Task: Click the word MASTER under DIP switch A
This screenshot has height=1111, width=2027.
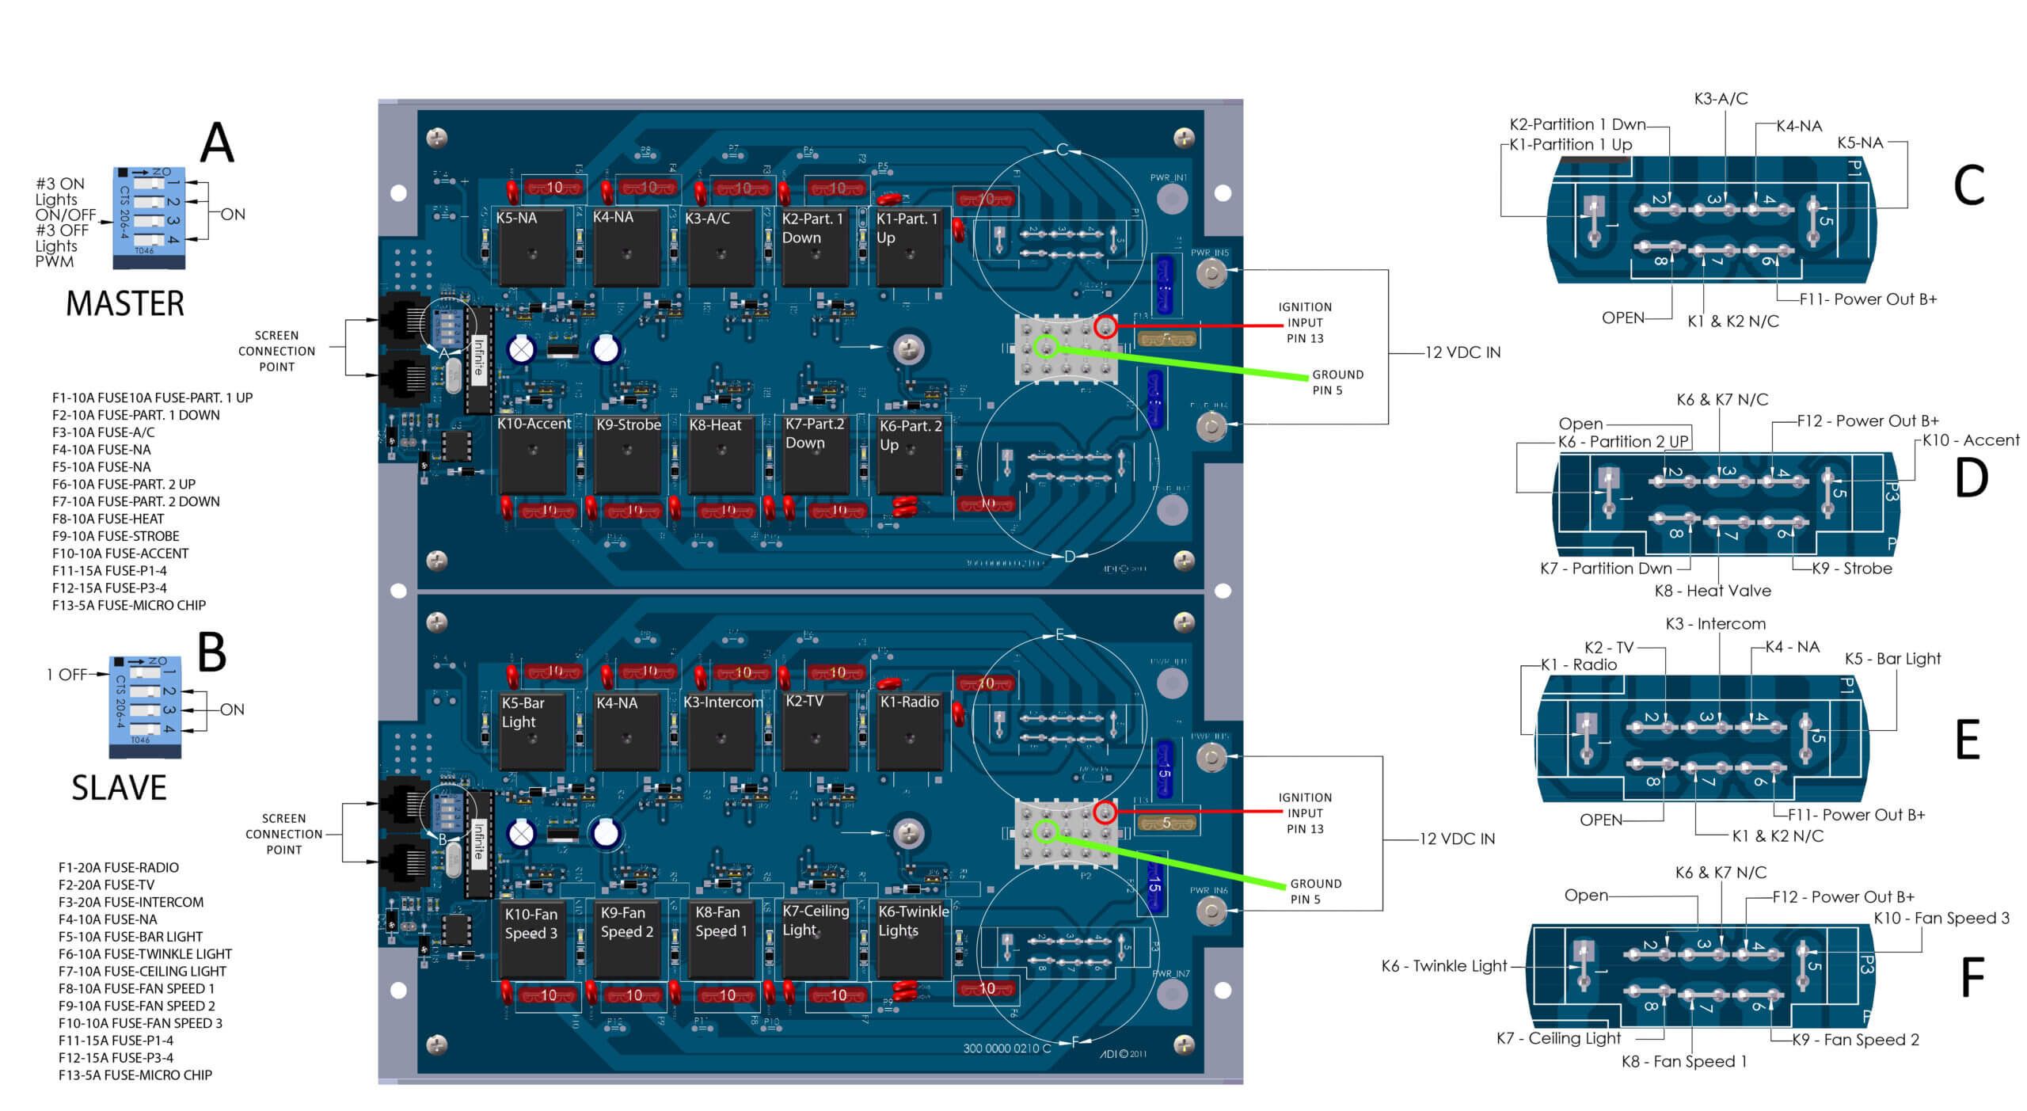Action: click(x=124, y=304)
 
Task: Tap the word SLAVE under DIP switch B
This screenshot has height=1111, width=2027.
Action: click(x=119, y=788)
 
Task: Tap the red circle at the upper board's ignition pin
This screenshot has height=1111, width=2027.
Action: click(x=1105, y=326)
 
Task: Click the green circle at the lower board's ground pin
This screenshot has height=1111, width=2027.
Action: click(x=1046, y=831)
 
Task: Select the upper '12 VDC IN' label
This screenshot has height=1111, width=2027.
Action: click(x=1462, y=352)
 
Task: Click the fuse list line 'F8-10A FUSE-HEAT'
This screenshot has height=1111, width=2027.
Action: click(x=108, y=519)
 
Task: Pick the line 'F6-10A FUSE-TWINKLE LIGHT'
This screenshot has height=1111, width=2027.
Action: click(x=145, y=954)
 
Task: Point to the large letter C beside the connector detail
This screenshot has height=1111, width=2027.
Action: click(x=1968, y=186)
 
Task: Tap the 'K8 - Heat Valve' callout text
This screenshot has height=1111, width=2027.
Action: click(x=1712, y=591)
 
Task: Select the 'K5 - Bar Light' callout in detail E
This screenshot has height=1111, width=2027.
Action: click(x=1892, y=659)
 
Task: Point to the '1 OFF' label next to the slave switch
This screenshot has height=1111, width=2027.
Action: click(x=67, y=675)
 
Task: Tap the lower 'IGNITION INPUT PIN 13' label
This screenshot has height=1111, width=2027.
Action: click(x=1304, y=813)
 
